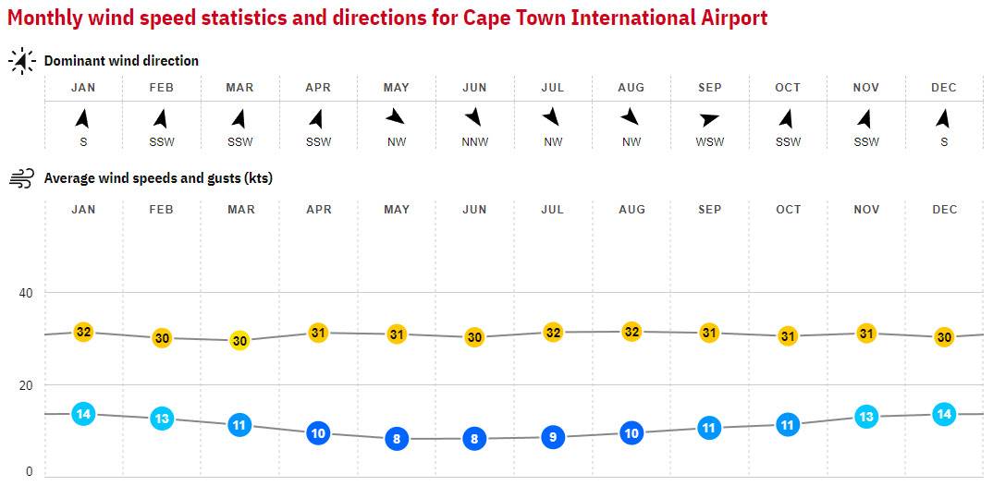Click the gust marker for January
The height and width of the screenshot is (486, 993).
coord(83,332)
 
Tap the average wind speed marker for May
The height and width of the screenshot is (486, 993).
coord(397,439)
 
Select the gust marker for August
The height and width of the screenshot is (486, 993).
coord(631,332)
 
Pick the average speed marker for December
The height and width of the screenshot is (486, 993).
coord(944,414)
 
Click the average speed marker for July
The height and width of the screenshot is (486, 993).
coord(553,437)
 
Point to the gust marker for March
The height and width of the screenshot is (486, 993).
coord(239,340)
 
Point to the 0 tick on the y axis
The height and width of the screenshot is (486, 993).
coord(29,471)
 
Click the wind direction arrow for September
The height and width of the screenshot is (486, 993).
coord(709,119)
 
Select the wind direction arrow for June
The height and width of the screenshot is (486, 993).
coord(474,117)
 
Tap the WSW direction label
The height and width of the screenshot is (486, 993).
coord(710,142)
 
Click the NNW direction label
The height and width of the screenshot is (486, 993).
coord(474,142)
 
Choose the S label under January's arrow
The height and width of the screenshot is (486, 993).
coord(83,142)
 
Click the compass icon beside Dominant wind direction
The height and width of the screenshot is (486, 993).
coord(21,61)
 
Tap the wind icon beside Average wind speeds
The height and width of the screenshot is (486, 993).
coord(21,178)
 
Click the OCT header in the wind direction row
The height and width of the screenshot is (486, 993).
coord(788,88)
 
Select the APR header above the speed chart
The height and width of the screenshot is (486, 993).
coord(318,210)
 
